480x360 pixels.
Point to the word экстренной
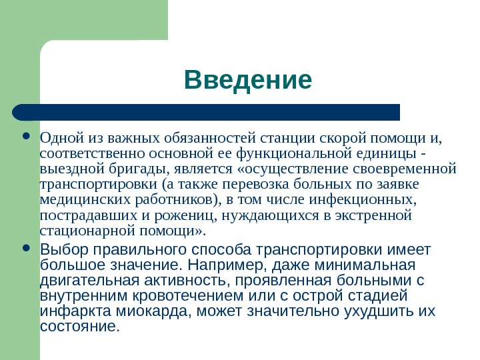375,215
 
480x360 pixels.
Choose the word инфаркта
67,311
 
